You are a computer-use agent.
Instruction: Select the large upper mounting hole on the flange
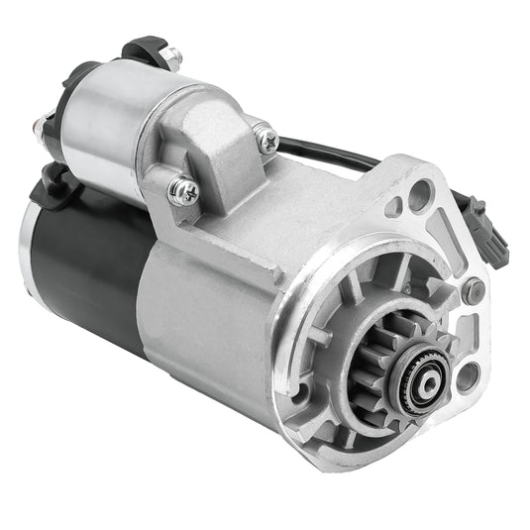click(419, 195)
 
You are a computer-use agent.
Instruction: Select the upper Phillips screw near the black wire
click(265, 139)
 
